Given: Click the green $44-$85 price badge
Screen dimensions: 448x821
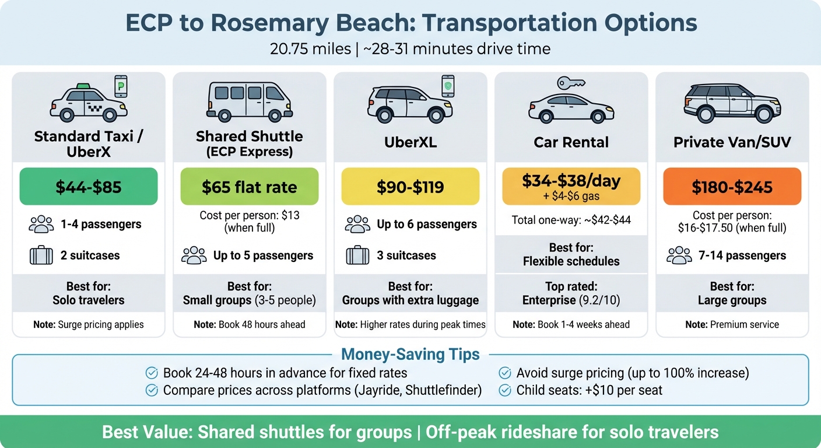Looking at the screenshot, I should [89, 187].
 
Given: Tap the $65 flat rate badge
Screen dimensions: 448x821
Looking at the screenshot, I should [250, 187].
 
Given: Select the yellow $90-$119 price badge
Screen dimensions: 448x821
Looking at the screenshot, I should [410, 187].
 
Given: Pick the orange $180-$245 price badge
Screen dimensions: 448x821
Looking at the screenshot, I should [732, 187].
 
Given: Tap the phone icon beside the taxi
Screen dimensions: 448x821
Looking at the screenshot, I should [121, 86].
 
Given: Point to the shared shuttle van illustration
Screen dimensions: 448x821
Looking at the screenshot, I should [250, 100].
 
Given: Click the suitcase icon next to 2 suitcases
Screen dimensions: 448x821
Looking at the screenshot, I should [41, 256].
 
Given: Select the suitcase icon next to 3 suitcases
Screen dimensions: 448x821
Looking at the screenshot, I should [357, 256].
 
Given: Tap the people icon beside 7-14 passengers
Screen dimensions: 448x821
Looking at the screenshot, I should [679, 256].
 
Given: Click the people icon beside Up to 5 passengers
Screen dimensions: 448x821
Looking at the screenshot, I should [194, 256].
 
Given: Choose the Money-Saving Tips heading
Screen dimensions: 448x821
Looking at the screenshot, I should [410, 354].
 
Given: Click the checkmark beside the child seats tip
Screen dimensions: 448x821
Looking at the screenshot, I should [504, 390].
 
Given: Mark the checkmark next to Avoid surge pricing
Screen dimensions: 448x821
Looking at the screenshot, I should [504, 373].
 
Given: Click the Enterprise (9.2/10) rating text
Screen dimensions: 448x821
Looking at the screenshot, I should [571, 300].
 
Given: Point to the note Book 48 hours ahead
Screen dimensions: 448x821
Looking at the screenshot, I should [250, 324].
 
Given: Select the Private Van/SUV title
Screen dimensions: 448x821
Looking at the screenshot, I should [732, 142].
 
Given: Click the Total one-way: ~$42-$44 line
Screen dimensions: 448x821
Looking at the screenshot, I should [571, 220].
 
